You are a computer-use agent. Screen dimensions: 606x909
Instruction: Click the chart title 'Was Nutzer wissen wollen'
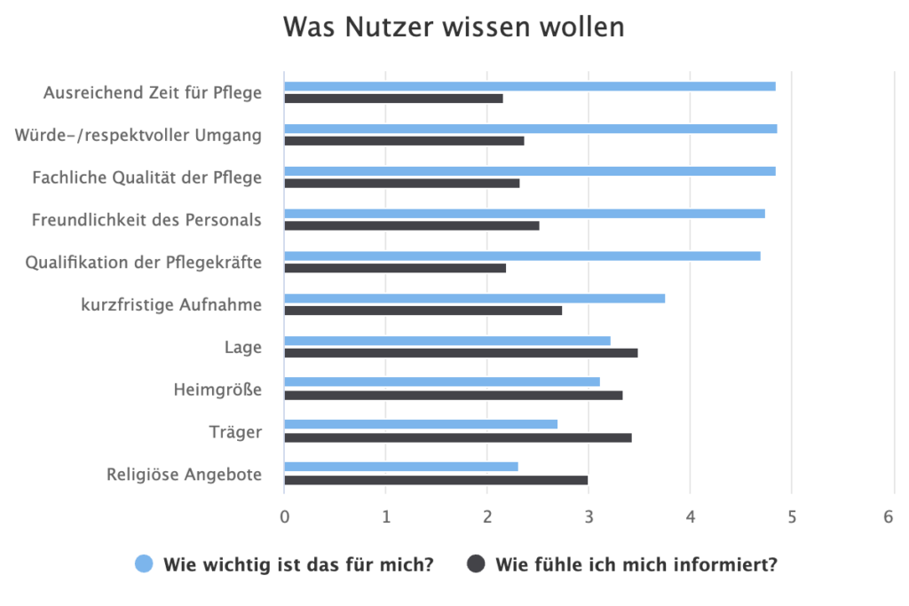[x=454, y=28]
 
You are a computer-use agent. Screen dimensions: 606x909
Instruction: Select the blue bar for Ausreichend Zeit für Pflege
[x=529, y=86]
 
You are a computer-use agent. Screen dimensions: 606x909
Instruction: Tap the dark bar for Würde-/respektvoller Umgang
[x=404, y=141]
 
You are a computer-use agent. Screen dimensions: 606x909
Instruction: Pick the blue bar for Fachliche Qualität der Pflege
[x=529, y=171]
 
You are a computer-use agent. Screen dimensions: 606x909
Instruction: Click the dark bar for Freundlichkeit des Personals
[x=411, y=225]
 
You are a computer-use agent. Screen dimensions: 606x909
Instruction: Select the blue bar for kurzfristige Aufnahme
[x=474, y=298]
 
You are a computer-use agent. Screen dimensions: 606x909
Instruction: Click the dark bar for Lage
[x=461, y=353]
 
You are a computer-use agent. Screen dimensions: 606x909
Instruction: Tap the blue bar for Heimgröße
[x=441, y=382]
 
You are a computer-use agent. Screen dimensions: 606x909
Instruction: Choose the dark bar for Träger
[x=457, y=437]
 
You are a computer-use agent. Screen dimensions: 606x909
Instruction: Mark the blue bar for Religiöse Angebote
[x=400, y=467]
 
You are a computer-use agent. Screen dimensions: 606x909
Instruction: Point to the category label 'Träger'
[x=235, y=432]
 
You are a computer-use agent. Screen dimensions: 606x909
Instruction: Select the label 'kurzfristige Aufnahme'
[x=171, y=305]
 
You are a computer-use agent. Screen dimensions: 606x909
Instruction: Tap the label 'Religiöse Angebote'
[x=184, y=475]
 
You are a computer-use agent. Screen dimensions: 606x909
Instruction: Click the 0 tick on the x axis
[x=284, y=516]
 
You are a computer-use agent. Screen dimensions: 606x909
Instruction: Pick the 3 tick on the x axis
[x=589, y=516]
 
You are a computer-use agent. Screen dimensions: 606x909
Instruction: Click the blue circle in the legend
[x=145, y=564]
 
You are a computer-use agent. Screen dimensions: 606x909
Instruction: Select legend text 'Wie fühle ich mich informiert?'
[x=636, y=564]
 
